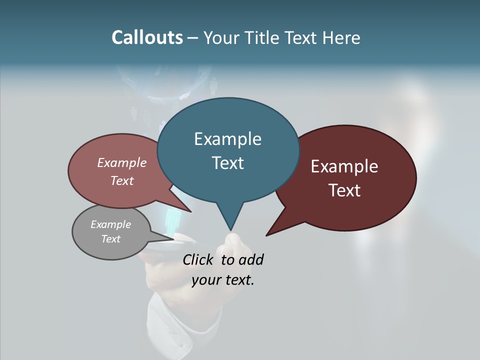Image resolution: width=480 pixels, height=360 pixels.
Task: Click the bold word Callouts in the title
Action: click(x=147, y=37)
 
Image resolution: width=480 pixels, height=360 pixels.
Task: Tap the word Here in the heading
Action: click(x=340, y=37)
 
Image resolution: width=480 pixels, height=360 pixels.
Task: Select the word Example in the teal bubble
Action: click(x=227, y=139)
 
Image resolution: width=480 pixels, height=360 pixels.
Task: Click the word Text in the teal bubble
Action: click(x=227, y=163)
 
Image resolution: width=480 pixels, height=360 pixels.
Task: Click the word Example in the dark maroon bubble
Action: click(x=344, y=166)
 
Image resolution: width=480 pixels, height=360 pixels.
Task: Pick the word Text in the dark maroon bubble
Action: click(x=344, y=190)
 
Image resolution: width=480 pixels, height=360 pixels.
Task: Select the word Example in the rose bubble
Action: click(x=122, y=163)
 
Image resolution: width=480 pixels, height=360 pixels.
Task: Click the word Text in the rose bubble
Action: click(x=122, y=180)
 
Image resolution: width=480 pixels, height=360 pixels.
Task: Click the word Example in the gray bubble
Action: click(x=110, y=224)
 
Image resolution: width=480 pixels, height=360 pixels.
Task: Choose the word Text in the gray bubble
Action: click(x=110, y=239)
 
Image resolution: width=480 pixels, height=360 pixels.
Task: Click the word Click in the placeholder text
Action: click(x=199, y=259)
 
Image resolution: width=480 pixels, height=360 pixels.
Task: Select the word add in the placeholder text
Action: click(x=251, y=259)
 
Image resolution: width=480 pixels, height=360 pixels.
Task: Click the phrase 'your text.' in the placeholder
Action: click(x=223, y=280)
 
